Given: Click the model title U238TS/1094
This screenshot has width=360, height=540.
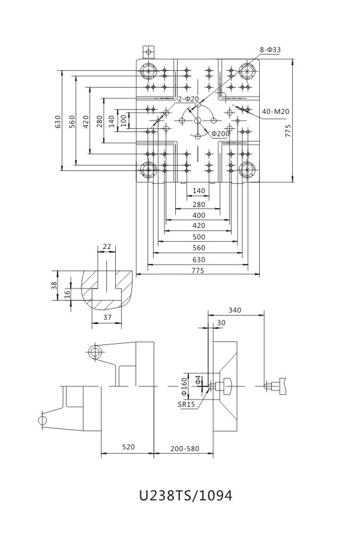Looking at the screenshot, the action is coord(185,496).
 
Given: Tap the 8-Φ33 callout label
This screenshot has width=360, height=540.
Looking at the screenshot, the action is coord(270,50).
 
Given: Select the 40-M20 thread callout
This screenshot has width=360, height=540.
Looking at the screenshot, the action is coord(275,112).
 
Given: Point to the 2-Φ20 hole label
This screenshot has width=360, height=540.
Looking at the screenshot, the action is coord(188,99).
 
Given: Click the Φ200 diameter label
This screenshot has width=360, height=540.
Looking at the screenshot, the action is coord(220,134).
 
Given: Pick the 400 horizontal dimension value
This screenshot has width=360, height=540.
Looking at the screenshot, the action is coord(199,215).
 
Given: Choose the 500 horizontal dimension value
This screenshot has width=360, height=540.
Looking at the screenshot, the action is coord(199,237).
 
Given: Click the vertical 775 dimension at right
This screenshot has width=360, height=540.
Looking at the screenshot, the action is coord(288,131).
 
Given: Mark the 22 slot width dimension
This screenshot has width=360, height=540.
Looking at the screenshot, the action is coord(107,247).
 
